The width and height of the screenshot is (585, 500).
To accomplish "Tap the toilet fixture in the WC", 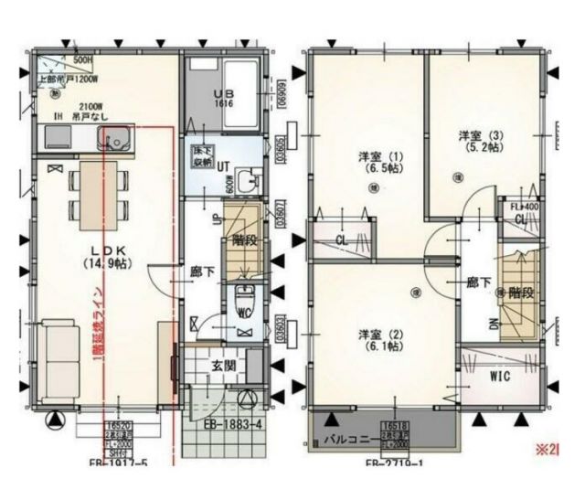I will coord(242,300).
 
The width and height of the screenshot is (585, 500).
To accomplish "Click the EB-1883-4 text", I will coord(234,424).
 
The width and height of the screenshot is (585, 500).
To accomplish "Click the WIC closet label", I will coord(499,375).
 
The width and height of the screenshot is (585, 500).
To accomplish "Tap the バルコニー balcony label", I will coord(347,439).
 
